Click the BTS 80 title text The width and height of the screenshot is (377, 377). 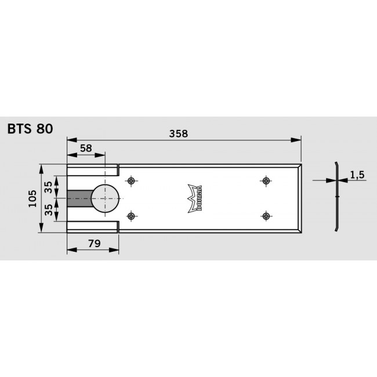(x=30, y=129)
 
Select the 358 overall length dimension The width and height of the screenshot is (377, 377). (x=178, y=133)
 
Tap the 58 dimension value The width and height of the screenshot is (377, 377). (x=86, y=148)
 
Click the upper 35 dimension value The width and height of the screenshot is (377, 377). (x=49, y=187)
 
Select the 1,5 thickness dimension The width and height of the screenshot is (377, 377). (x=357, y=175)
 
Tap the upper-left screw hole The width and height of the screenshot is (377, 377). (x=132, y=181)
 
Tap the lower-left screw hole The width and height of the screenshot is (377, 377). (x=132, y=216)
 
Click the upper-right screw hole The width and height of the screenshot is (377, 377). (x=266, y=181)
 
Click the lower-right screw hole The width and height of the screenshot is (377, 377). (x=266, y=216)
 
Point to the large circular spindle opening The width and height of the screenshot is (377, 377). (x=105, y=198)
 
